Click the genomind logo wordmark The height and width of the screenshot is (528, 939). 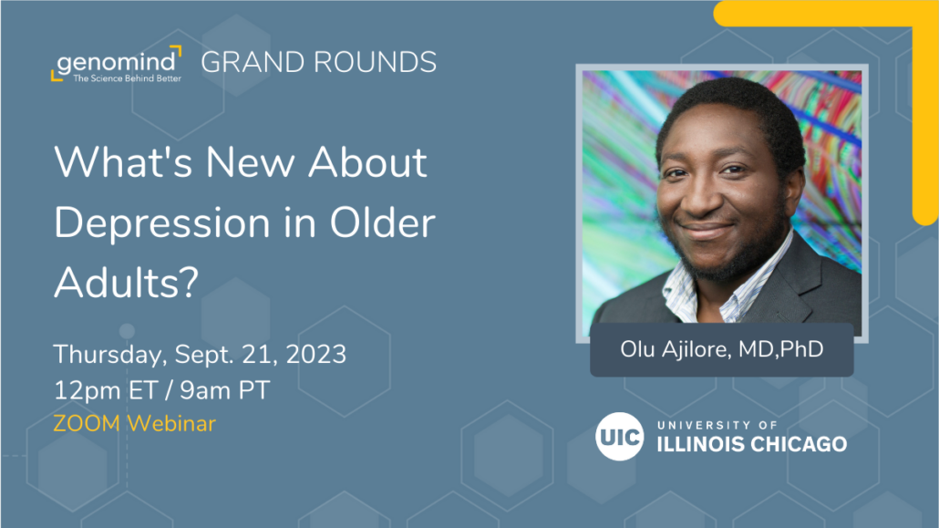pos(118,61)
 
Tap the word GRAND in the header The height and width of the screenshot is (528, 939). pos(253,62)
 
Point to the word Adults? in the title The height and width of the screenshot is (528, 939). pos(126,282)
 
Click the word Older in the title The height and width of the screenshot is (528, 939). pos(383,223)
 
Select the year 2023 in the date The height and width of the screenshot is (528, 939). pos(316,354)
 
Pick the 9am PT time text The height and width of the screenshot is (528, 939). pos(225,390)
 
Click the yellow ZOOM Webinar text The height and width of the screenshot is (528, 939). pos(134,424)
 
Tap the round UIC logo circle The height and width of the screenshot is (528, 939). pos(619,436)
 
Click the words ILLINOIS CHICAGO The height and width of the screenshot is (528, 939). pos(751,444)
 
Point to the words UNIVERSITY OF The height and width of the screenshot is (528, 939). pos(717,426)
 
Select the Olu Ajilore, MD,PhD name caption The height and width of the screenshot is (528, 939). pos(722,349)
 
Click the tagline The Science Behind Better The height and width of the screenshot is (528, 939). pos(127,78)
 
